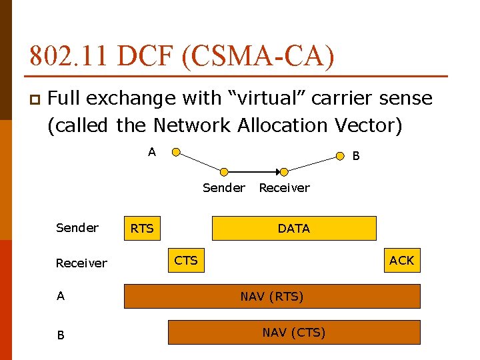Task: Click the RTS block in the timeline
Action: click(x=142, y=229)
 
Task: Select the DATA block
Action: click(x=294, y=229)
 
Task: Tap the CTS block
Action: click(x=186, y=261)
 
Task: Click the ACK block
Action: click(x=402, y=261)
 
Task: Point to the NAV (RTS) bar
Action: click(x=272, y=297)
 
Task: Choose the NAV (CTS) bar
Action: click(x=294, y=333)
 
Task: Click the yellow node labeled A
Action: click(x=175, y=152)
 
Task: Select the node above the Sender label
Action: click(x=225, y=172)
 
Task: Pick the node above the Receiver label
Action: click(x=284, y=172)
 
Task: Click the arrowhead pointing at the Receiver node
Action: click(x=277, y=172)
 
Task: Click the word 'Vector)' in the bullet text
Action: click(x=369, y=125)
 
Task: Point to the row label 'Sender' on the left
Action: click(x=77, y=228)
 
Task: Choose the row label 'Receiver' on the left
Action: click(x=81, y=263)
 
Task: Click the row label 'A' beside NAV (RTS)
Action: click(x=61, y=296)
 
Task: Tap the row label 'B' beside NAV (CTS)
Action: click(x=61, y=335)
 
